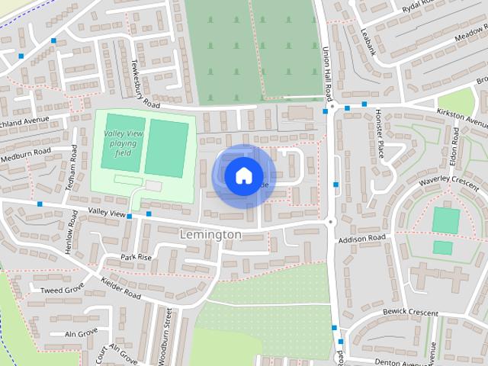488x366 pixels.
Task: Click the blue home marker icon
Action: click(243, 176)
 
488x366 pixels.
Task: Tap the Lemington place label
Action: click(210, 235)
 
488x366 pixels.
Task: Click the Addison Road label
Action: click(362, 239)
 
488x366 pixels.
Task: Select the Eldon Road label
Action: click(455, 148)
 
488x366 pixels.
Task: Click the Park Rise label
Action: click(136, 257)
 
